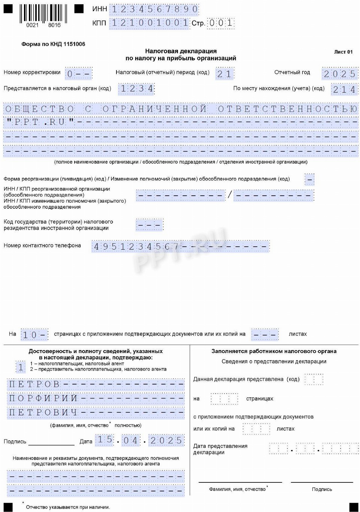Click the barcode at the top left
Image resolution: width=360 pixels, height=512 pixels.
click(x=43, y=15)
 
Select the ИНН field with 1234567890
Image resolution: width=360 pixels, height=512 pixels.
click(x=154, y=9)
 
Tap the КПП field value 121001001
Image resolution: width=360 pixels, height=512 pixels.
click(x=149, y=23)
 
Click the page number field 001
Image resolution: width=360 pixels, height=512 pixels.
click(x=221, y=23)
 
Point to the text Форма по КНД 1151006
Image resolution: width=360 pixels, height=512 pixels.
click(x=53, y=44)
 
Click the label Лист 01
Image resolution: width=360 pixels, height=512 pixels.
click(x=343, y=52)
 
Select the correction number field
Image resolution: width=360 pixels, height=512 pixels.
click(x=78, y=73)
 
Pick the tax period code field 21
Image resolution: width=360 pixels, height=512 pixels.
click(x=224, y=74)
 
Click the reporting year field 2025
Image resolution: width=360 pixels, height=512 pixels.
click(x=339, y=73)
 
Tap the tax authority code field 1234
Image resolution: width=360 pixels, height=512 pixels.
click(x=136, y=89)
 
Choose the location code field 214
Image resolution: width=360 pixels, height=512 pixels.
click(x=344, y=90)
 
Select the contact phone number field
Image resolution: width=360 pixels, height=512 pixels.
click(x=180, y=246)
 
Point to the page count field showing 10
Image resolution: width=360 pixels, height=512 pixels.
click(x=34, y=334)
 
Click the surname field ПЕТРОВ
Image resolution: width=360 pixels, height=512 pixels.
click(x=96, y=384)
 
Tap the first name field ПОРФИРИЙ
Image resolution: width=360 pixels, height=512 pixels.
click(x=96, y=398)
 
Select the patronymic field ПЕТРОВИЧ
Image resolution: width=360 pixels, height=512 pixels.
click(x=96, y=412)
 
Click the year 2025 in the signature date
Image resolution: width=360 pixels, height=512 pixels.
click(x=166, y=440)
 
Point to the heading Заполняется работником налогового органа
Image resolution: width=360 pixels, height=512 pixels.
click(x=274, y=352)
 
